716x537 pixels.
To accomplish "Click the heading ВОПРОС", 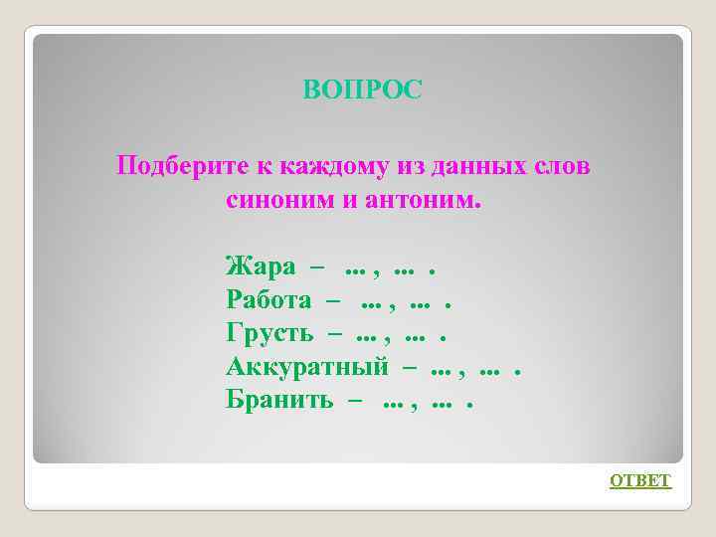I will [363, 90].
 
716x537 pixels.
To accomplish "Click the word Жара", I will [261, 267].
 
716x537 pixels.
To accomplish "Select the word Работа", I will [268, 299].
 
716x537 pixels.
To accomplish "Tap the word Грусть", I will [269, 333].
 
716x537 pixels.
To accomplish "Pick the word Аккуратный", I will [307, 367].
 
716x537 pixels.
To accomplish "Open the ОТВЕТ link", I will [640, 481].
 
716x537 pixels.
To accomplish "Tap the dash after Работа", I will [333, 300].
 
